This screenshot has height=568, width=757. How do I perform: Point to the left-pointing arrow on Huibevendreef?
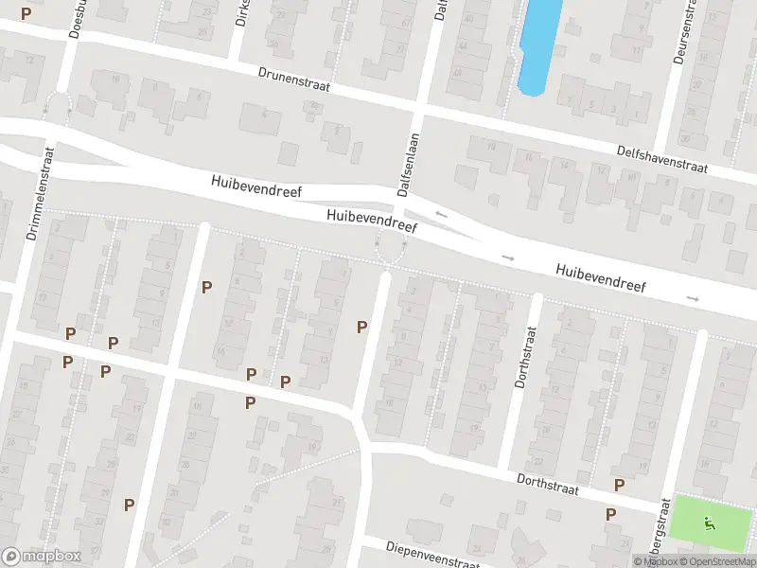[x=440, y=215]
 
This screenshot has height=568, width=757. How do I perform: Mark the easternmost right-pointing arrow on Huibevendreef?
[x=693, y=298]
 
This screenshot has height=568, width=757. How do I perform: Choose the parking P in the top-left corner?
[x=26, y=13]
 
